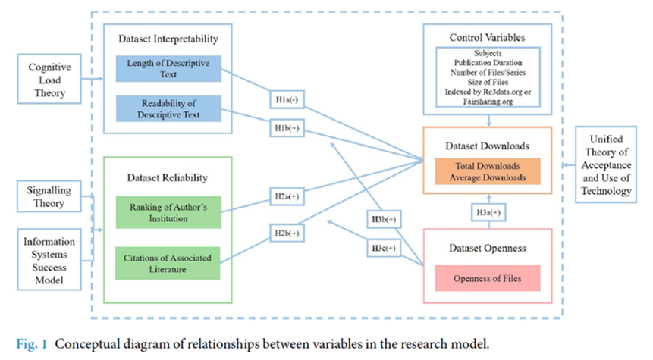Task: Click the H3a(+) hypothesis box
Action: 488,213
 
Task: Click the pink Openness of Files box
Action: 488,278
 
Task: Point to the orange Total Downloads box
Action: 488,171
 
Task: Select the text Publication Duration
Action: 488,63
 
